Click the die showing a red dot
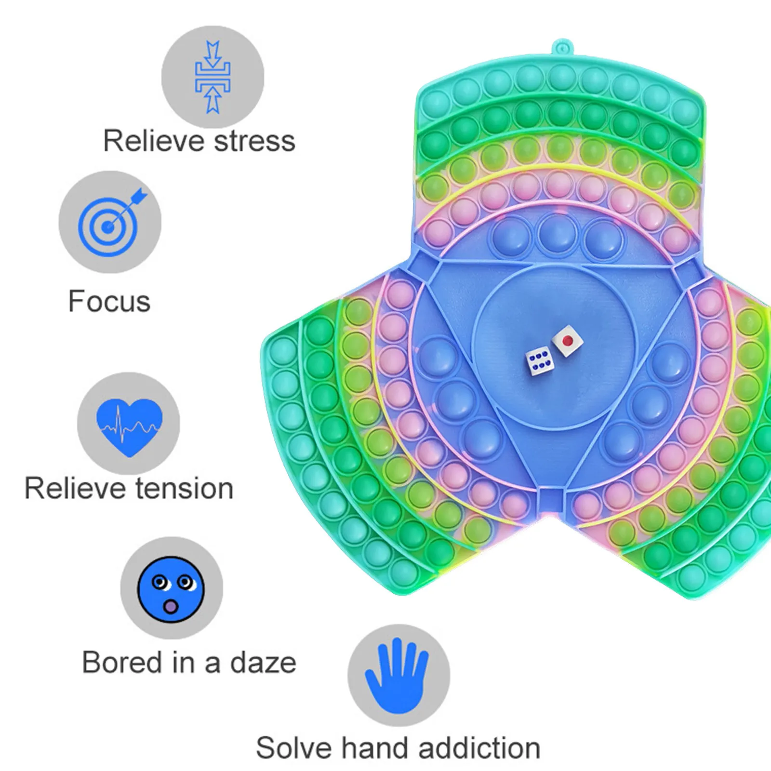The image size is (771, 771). click(x=568, y=341)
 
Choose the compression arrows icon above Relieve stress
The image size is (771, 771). click(x=213, y=77)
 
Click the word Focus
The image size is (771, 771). click(x=109, y=302)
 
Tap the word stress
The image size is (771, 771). click(x=254, y=141)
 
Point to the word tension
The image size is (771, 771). click(x=184, y=488)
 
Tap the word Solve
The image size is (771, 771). click(x=294, y=748)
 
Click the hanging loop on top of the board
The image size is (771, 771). click(x=560, y=48)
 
